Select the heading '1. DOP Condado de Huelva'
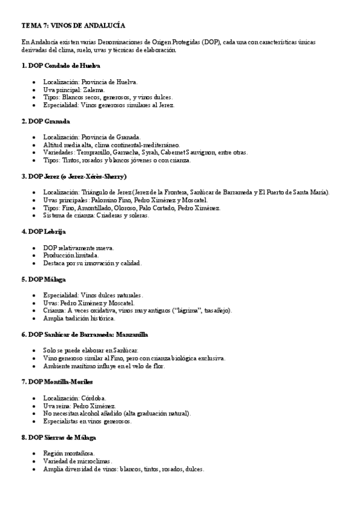(60, 65)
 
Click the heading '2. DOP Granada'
(49, 121)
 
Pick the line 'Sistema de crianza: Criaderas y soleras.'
(96, 216)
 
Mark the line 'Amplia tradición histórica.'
(79, 319)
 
